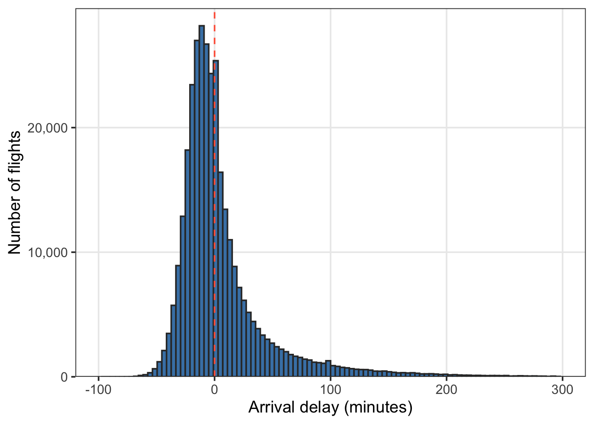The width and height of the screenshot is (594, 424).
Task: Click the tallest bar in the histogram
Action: [x=202, y=201]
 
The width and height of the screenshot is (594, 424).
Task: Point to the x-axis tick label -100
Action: [x=99, y=390]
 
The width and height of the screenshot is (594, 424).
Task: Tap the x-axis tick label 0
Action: [x=214, y=390]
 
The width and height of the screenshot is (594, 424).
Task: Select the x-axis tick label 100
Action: [x=331, y=390]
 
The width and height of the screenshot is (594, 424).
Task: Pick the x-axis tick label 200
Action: [x=446, y=390]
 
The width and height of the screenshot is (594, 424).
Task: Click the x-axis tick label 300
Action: [x=563, y=390]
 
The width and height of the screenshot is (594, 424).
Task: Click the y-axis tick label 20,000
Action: [x=48, y=128]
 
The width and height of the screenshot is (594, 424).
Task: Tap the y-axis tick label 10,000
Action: [x=48, y=253]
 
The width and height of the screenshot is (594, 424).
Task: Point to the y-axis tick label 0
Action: [x=65, y=377]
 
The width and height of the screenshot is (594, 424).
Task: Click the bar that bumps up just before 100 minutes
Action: [x=328, y=368]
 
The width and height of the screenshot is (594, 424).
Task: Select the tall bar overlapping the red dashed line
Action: [x=216, y=218]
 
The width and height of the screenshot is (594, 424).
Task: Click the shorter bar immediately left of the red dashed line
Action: [x=211, y=225]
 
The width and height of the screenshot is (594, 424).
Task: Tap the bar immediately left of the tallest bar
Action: [x=197, y=208]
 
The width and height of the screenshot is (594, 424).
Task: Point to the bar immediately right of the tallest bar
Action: [x=206, y=210]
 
